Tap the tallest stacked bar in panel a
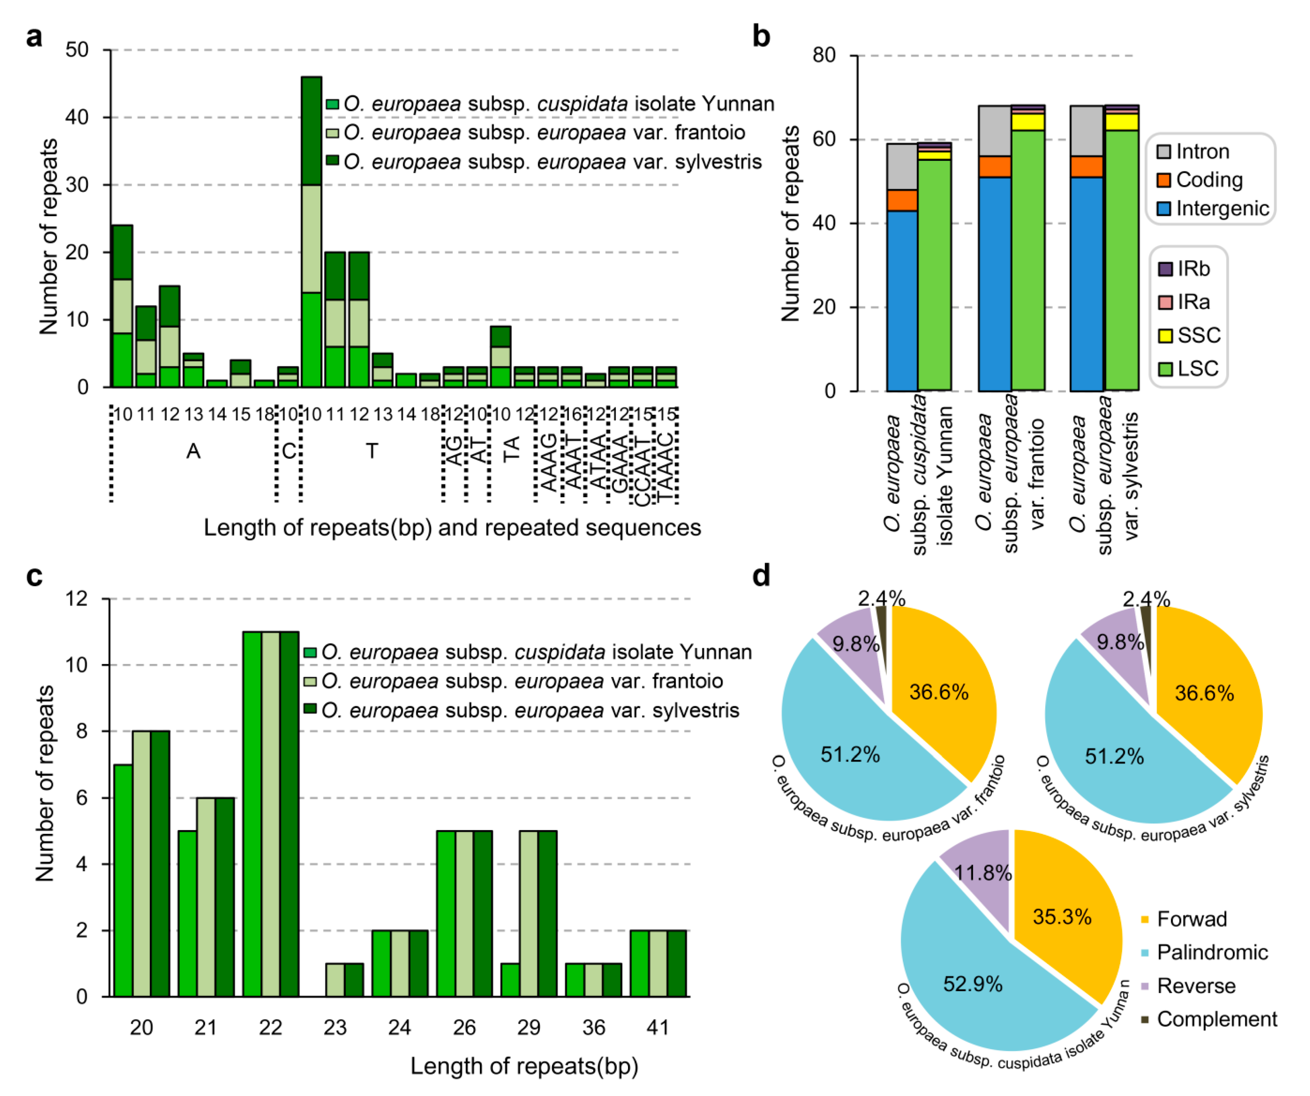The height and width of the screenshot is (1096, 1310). (x=311, y=231)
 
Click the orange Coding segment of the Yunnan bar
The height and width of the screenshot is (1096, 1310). (x=902, y=200)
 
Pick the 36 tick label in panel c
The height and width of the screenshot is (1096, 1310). (x=593, y=1027)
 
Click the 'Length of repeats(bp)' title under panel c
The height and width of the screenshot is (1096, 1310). (x=524, y=1066)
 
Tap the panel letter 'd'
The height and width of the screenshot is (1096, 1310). (x=761, y=575)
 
